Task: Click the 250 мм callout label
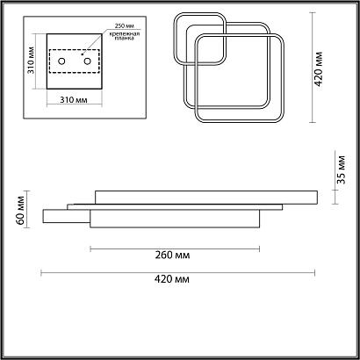125,25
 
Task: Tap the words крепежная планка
125,36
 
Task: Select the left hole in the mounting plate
61,61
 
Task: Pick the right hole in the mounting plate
87,61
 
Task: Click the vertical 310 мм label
32,61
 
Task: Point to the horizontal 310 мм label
74,100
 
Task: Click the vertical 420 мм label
318,69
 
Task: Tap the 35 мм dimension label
341,169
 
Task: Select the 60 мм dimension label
20,210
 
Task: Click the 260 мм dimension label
172,256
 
